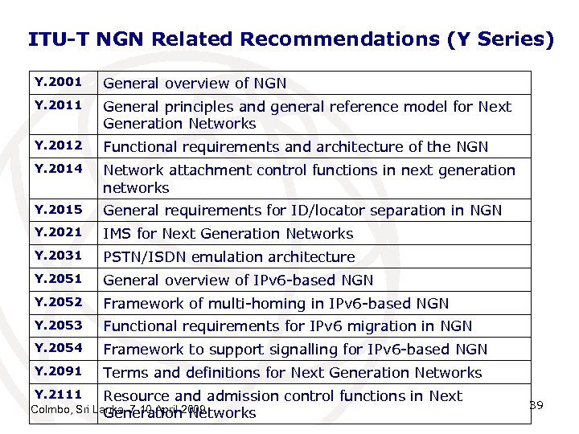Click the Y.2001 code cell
pyautogui.click(x=59, y=83)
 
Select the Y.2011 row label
pyautogui.click(x=59, y=105)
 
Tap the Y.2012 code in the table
pyautogui.click(x=59, y=145)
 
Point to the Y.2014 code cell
pyautogui.click(x=59, y=169)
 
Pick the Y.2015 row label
pyautogui.click(x=59, y=209)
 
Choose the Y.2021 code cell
pyautogui.click(x=59, y=232)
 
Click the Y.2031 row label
pyautogui.click(x=59, y=256)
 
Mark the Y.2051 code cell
pyautogui.click(x=59, y=279)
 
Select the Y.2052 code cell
pyautogui.click(x=59, y=302)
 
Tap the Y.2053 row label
pyautogui.click(x=59, y=325)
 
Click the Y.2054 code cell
pyautogui.click(x=59, y=349)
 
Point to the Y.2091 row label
pyautogui.click(x=59, y=371)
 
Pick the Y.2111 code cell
pyautogui.click(x=59, y=394)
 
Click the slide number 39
pyautogui.click(x=536, y=405)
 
